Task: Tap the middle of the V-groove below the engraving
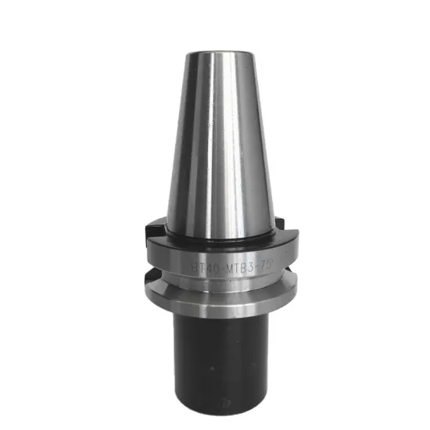(220, 281)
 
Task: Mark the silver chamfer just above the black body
(220, 310)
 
